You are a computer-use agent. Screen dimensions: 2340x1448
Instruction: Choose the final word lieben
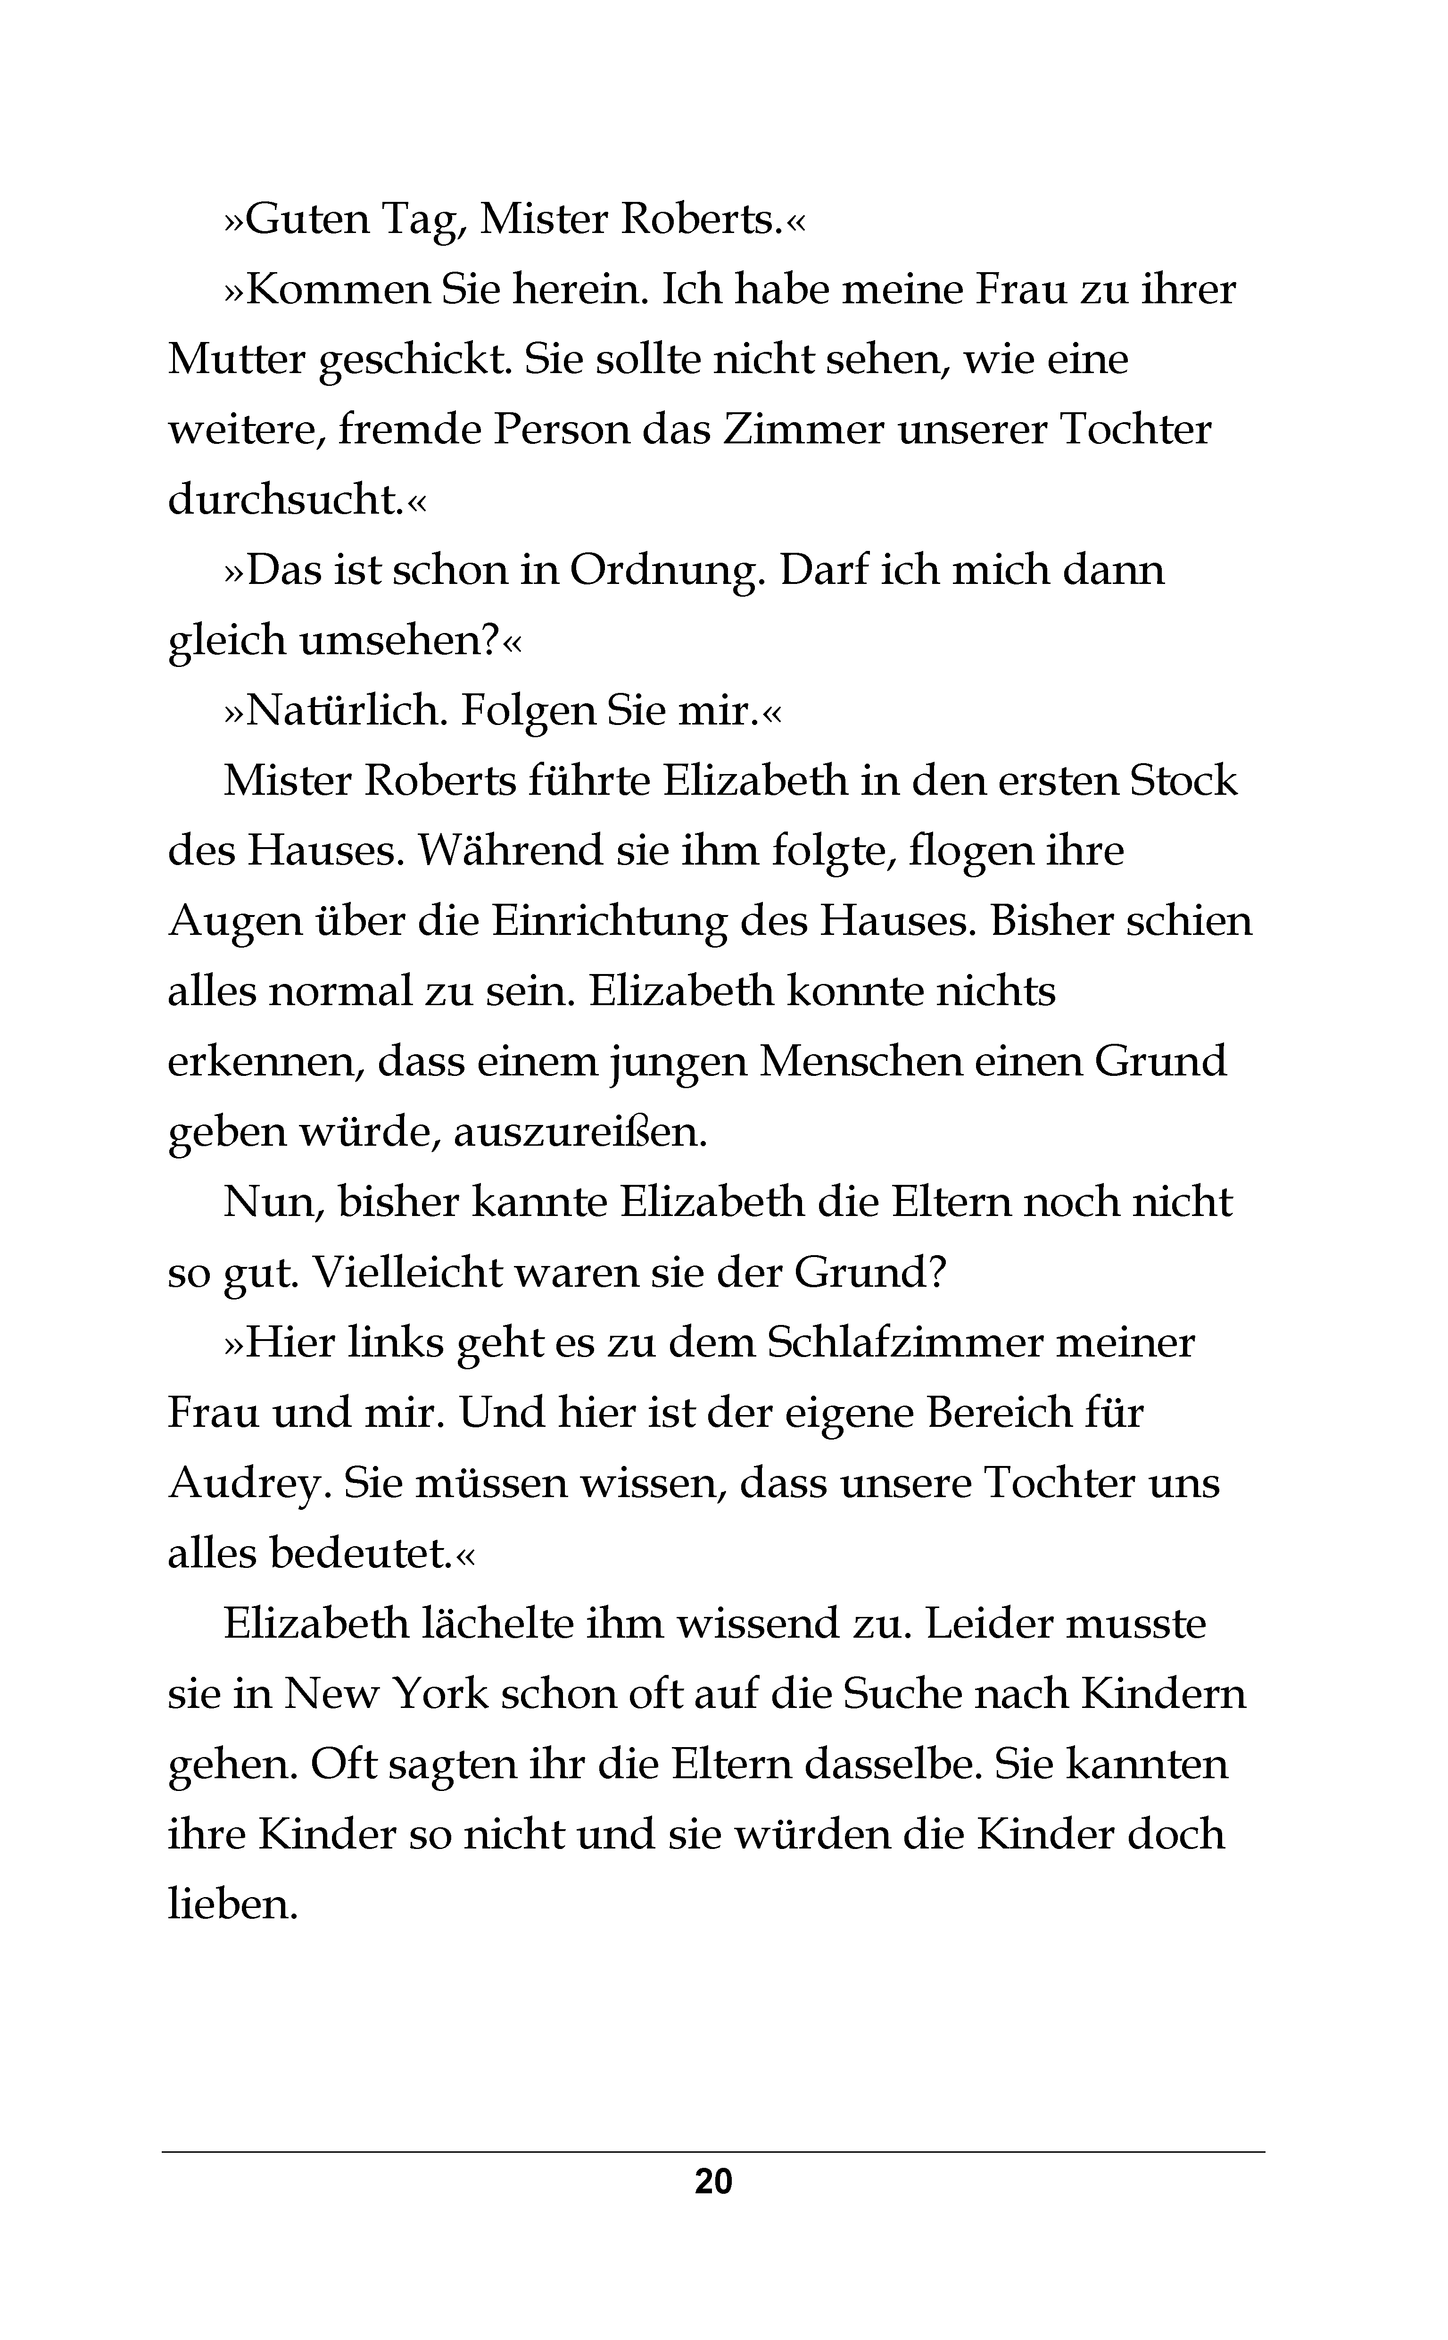(x=233, y=1904)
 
